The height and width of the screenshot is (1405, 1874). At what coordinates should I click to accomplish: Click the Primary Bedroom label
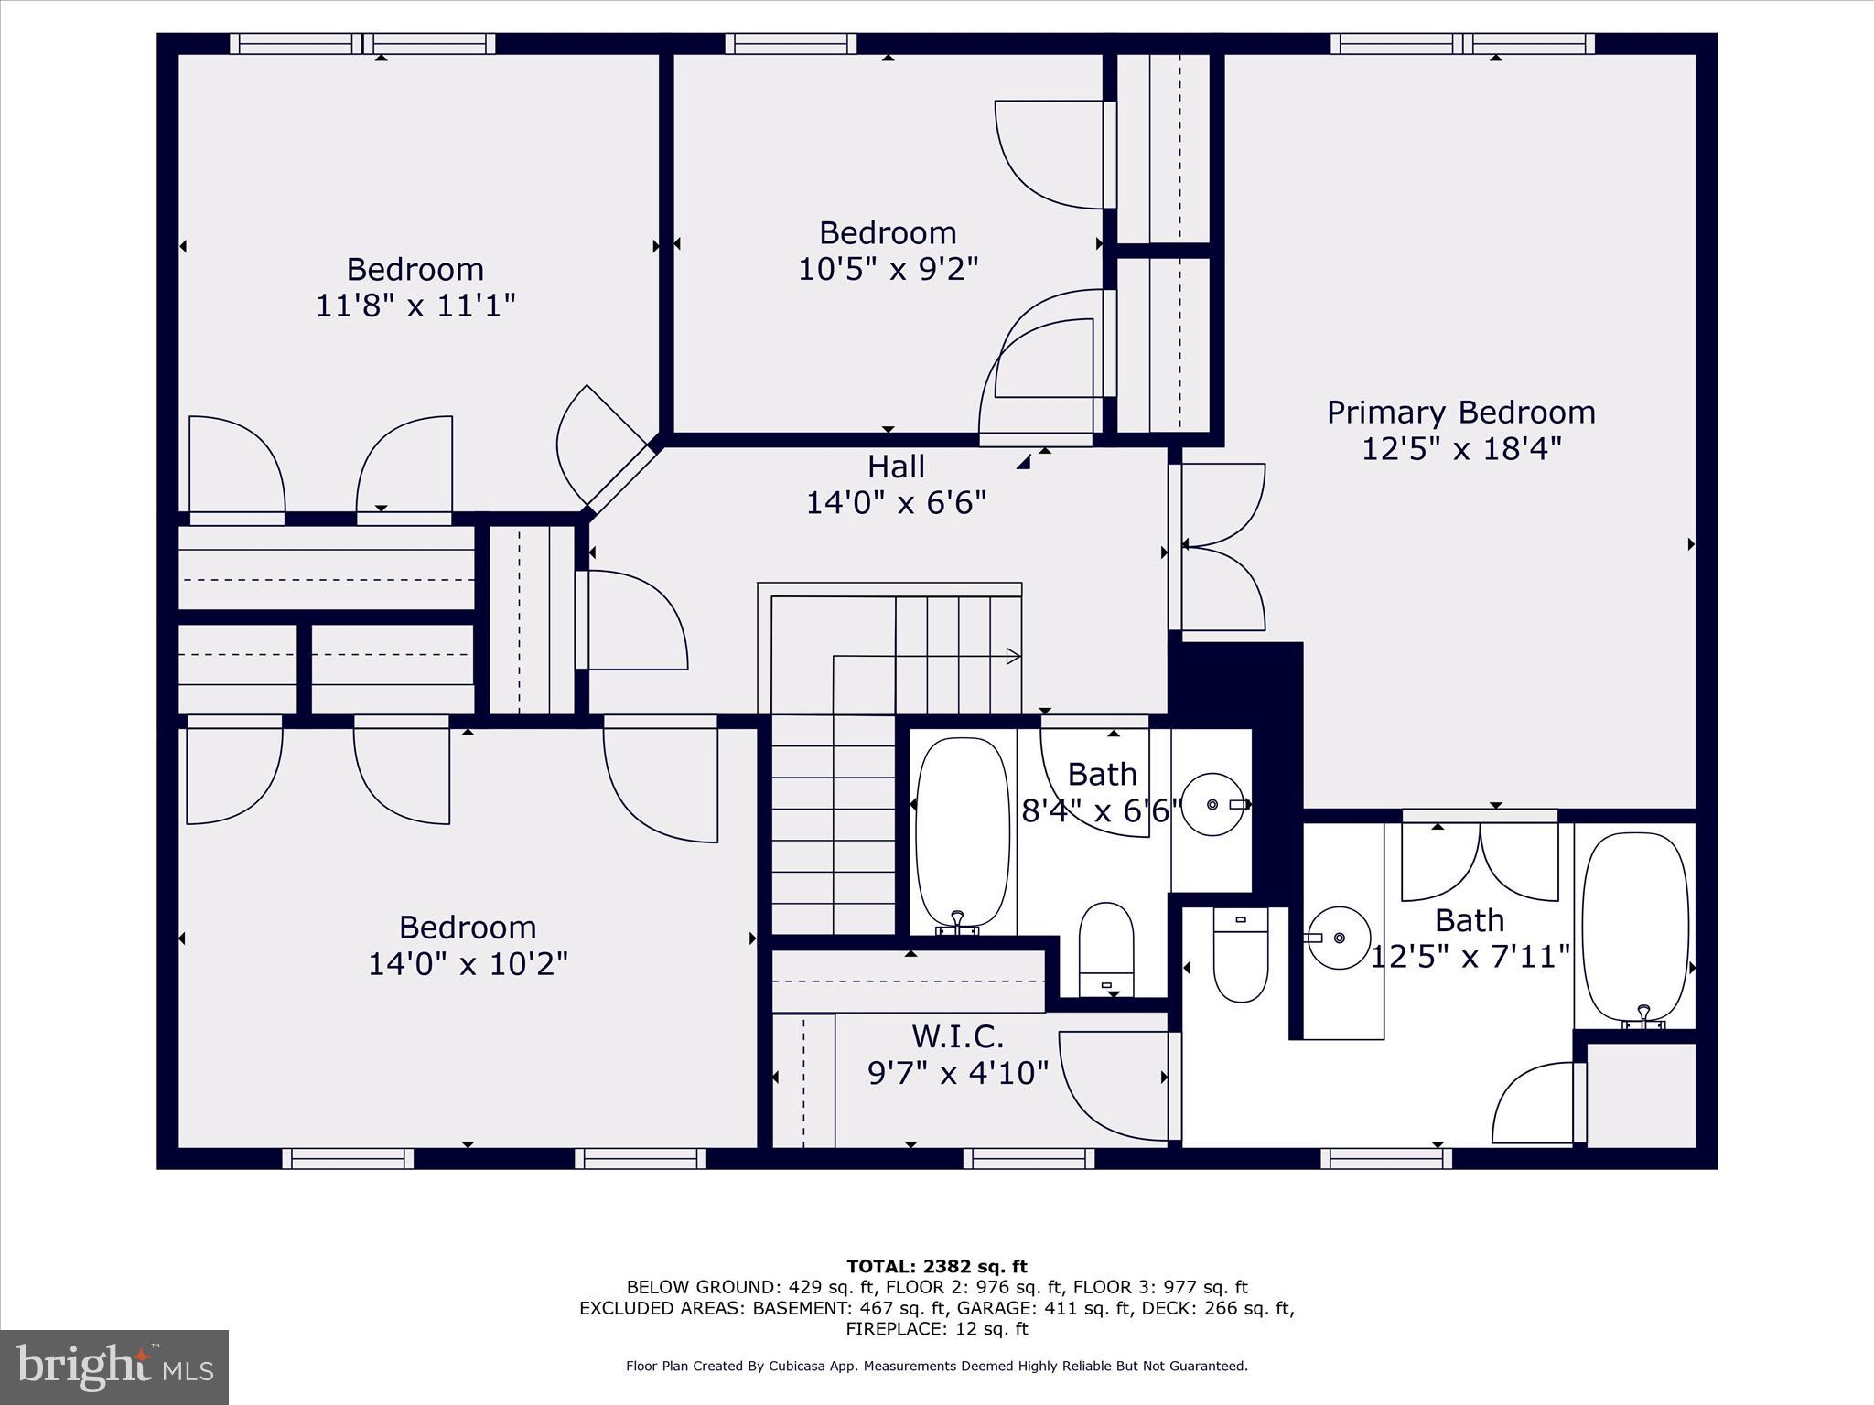[x=1460, y=413]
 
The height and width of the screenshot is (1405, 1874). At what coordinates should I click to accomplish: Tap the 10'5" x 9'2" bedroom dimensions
[x=888, y=270]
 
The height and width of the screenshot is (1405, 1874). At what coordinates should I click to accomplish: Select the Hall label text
[x=896, y=467]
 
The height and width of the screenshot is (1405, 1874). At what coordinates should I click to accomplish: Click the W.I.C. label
[x=957, y=1036]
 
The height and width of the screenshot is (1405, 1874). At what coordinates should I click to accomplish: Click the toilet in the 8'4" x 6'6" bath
[x=1106, y=949]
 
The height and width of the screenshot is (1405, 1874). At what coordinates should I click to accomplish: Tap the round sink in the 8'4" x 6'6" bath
[x=1212, y=804]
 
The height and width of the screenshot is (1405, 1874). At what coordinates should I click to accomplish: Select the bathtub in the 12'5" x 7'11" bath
[x=1635, y=927]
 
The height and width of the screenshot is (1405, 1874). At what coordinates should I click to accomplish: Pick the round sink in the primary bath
[x=1339, y=938]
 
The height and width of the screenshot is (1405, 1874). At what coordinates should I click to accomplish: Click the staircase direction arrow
[x=1012, y=656]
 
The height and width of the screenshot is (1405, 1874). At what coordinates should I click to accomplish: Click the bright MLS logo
[x=114, y=1367]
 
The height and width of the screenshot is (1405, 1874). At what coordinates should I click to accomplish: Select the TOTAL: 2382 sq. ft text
[x=936, y=1267]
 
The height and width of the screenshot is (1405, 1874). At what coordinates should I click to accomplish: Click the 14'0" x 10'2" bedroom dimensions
[x=468, y=964]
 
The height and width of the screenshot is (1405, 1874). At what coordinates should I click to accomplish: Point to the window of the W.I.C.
[x=1029, y=1159]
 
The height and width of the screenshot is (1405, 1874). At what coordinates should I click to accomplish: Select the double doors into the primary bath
[x=1480, y=860]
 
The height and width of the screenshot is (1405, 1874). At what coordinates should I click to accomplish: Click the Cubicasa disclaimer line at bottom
[x=936, y=1366]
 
